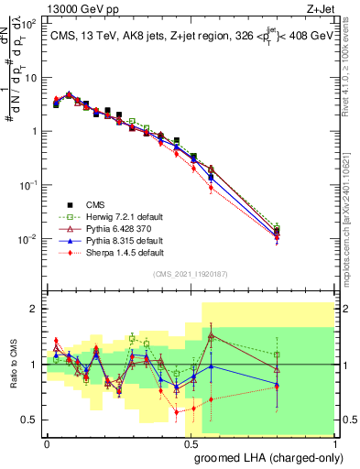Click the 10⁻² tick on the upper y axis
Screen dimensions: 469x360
[30, 239]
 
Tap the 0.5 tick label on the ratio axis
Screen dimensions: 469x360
[31, 420]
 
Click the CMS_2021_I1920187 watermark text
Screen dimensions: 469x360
[191, 274]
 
